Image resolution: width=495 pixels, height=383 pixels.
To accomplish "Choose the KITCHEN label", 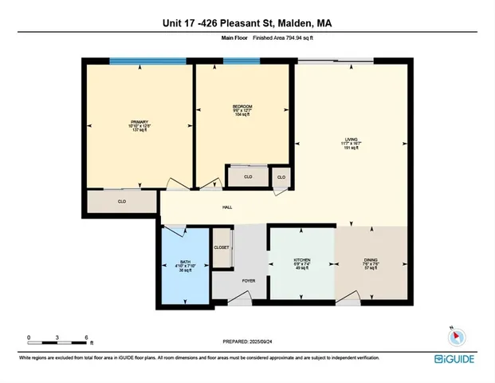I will tap(301, 260).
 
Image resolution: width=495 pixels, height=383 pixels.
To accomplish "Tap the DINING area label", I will tap(371, 260).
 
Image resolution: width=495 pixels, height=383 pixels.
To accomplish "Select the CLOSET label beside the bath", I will tap(222, 247).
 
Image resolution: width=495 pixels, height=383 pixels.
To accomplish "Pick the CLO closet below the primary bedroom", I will tap(122, 202).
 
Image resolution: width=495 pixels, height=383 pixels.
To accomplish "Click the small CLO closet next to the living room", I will tap(281, 176).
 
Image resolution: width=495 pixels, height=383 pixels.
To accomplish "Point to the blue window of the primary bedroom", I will tap(132, 61).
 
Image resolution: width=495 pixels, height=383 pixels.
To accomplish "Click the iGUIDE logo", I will tap(456, 359).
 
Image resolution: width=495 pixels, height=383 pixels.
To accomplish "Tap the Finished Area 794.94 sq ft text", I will tap(281, 37).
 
